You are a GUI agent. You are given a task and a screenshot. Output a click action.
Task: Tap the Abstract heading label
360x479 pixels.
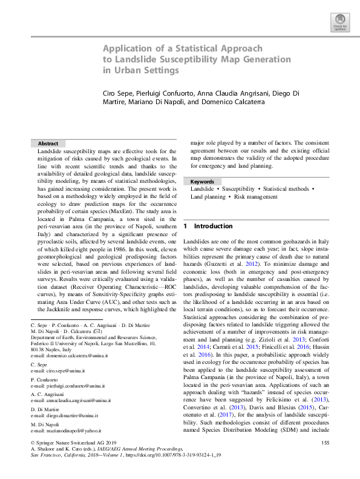coord(48,143)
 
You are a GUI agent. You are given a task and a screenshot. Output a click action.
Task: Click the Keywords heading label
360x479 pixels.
coord(202,181)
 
